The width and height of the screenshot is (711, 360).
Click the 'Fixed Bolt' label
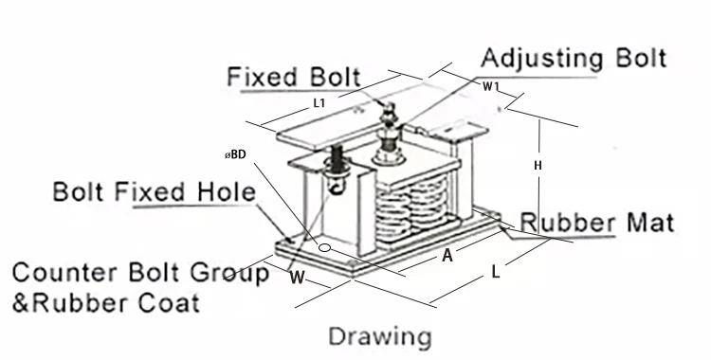pos(294,77)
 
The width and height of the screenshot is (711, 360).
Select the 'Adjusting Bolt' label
pos(574,57)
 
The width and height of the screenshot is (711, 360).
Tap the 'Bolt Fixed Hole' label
pos(154,194)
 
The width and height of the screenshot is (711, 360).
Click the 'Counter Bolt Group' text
pos(140,275)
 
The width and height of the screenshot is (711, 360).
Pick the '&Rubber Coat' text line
pos(105,304)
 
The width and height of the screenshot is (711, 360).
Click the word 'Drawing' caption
pos(379,335)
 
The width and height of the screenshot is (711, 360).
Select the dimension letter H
pos(538,165)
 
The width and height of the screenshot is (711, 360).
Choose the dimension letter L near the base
pos(496,273)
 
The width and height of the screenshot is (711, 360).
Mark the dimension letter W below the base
pos(297,279)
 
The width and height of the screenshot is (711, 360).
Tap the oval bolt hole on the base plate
pos(325,248)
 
